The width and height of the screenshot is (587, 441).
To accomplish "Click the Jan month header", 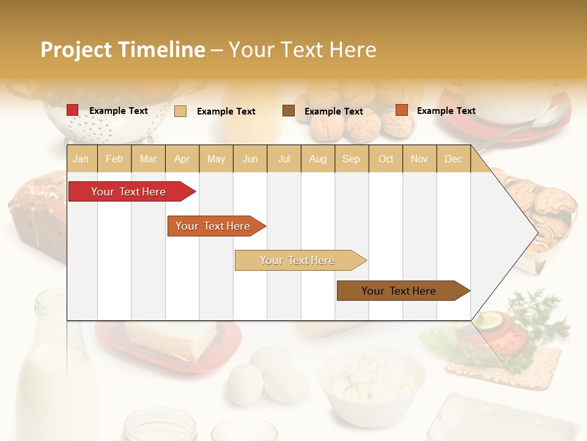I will pyautogui.click(x=81, y=159).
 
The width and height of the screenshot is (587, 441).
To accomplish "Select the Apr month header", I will pyautogui.click(x=182, y=159).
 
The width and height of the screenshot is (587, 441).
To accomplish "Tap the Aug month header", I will pyautogui.click(x=317, y=159).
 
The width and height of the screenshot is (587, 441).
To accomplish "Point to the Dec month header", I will pyautogui.click(x=453, y=159).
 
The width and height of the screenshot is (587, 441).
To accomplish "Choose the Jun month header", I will pyautogui.click(x=250, y=159).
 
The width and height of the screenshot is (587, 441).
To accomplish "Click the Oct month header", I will pyautogui.click(x=385, y=159).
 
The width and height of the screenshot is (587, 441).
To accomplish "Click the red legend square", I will pyautogui.click(x=73, y=110).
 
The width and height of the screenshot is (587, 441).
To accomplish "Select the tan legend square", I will pyautogui.click(x=180, y=111).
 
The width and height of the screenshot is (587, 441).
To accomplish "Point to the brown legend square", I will pyautogui.click(x=289, y=111).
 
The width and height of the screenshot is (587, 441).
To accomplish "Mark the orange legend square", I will pyautogui.click(x=401, y=110).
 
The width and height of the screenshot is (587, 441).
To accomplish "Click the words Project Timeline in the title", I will pyautogui.click(x=123, y=50).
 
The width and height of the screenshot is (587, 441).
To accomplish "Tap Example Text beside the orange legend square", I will pyautogui.click(x=446, y=111).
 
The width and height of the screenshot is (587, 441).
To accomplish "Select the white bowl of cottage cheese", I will pyautogui.click(x=371, y=383).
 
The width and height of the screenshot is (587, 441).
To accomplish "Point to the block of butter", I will pyautogui.click(x=171, y=341).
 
